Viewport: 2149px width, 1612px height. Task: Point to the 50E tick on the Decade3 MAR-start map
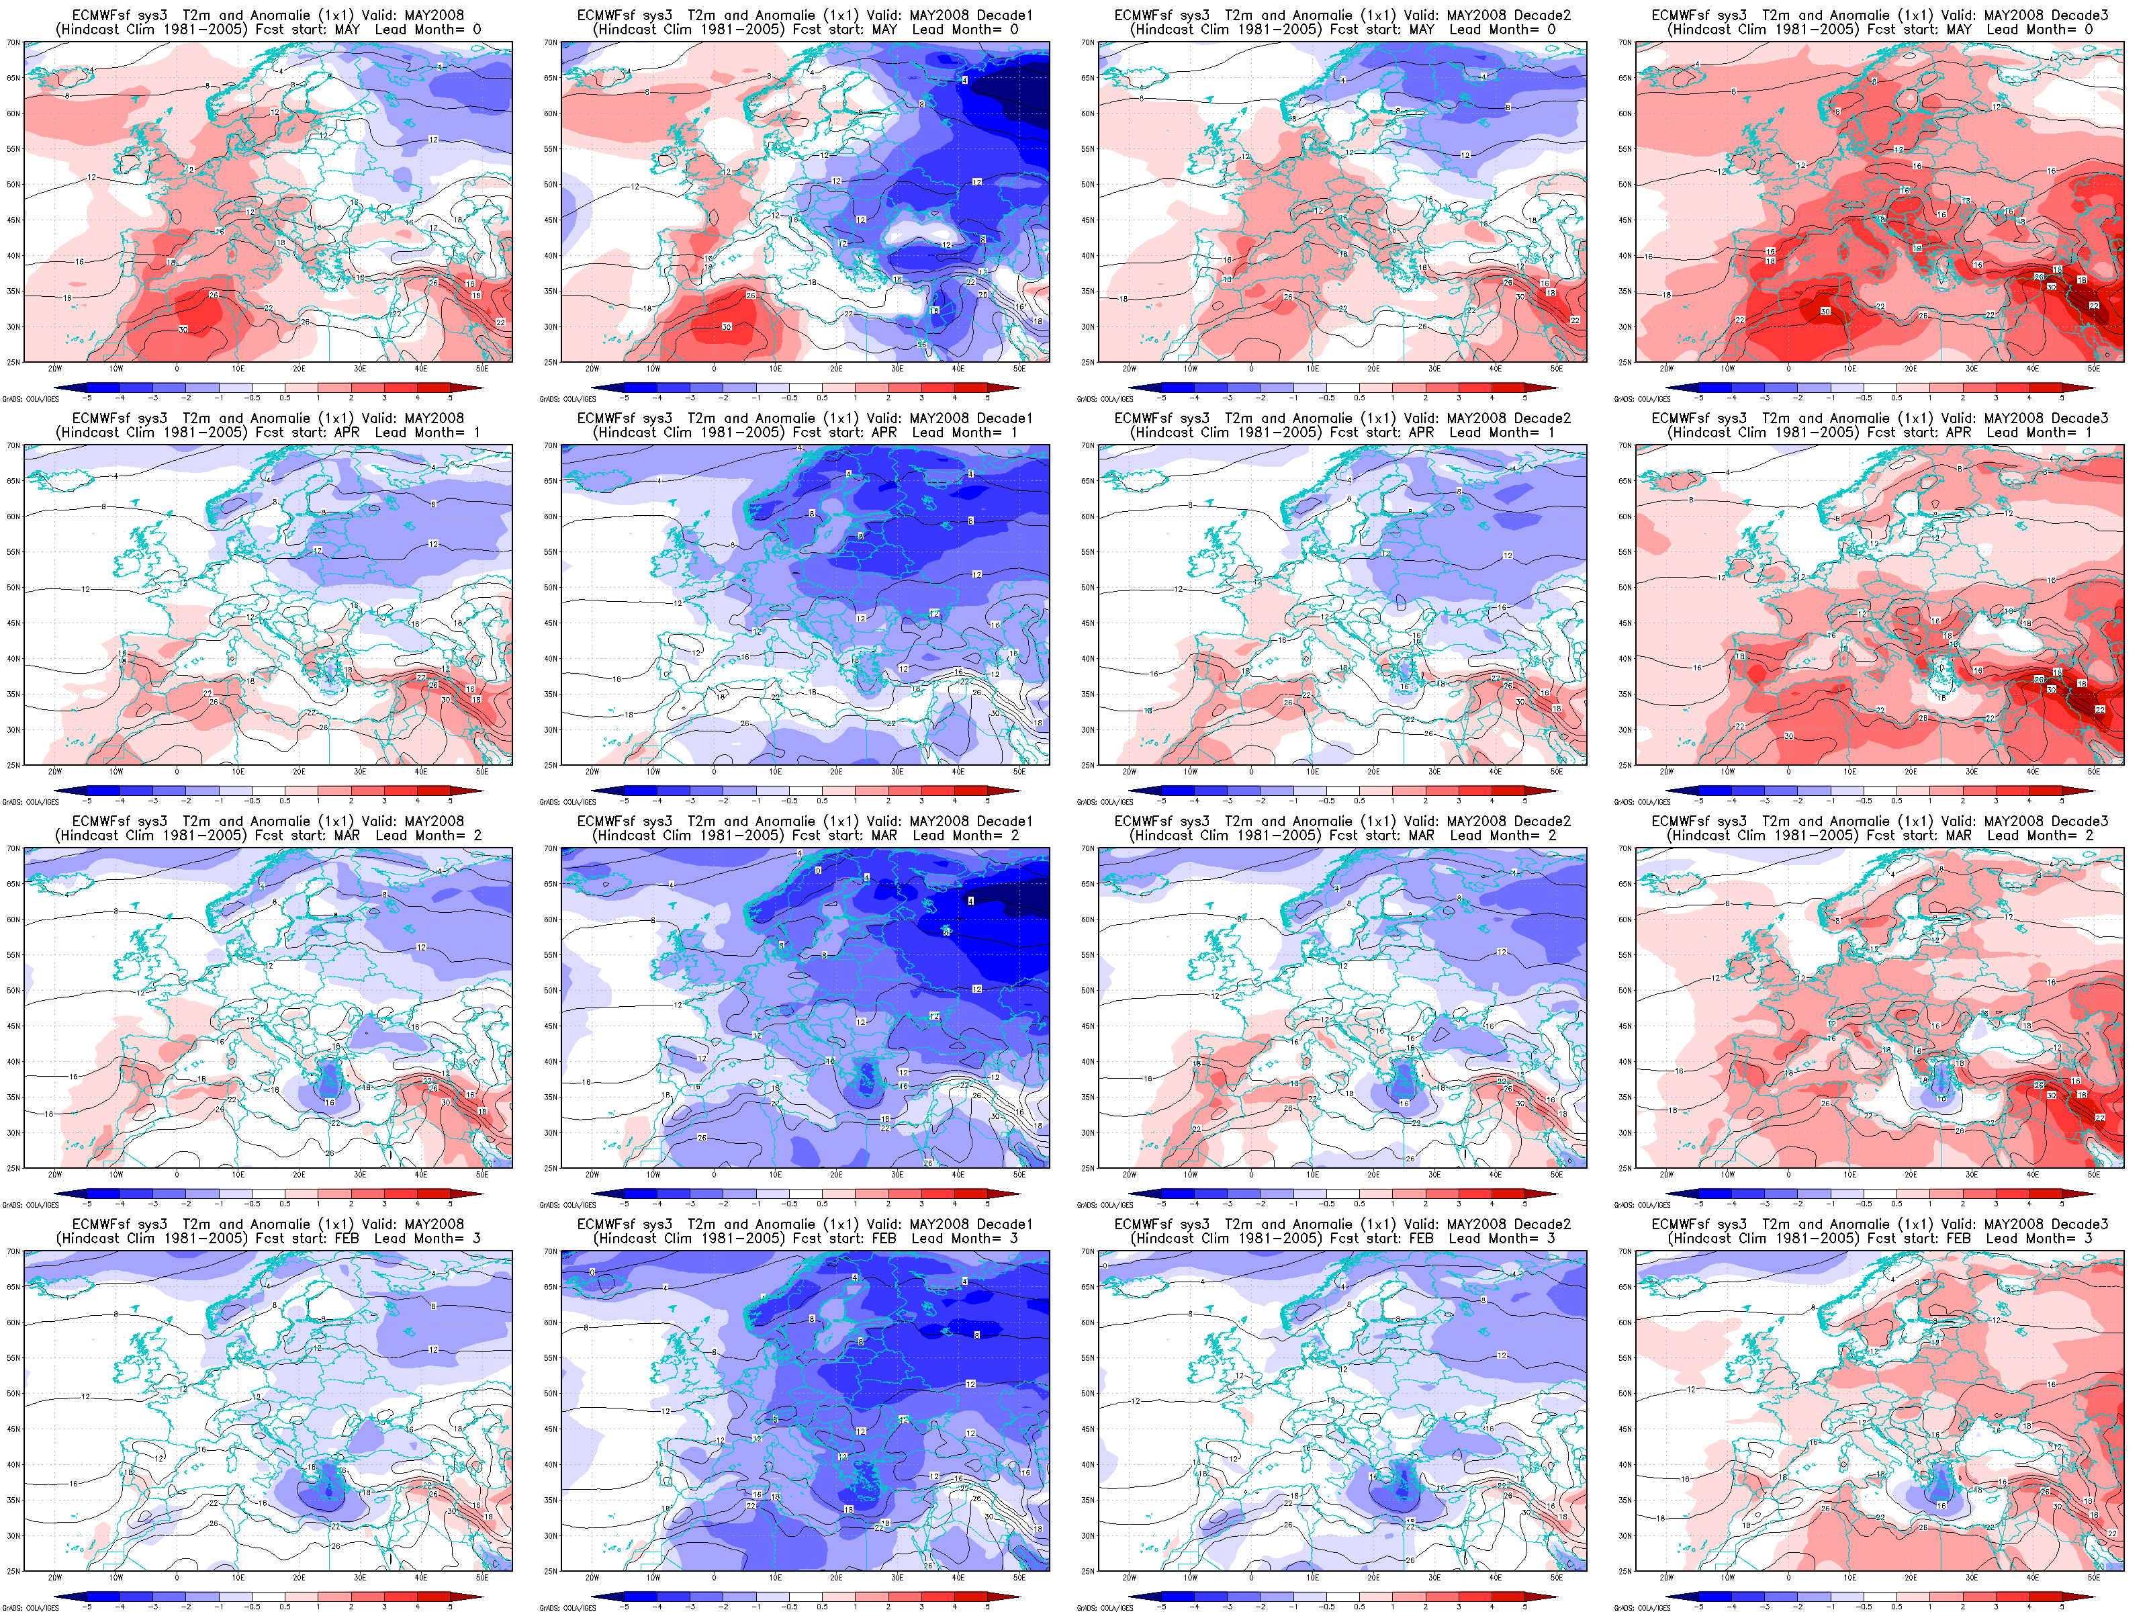[2094, 1175]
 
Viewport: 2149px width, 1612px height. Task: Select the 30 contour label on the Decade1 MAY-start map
[727, 326]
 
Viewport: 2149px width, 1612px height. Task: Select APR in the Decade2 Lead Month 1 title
[1421, 433]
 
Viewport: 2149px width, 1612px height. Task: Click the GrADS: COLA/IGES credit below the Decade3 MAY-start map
[1642, 398]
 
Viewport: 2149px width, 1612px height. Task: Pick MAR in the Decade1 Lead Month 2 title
[884, 836]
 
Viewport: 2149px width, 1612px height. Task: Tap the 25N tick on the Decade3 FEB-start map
[1625, 1571]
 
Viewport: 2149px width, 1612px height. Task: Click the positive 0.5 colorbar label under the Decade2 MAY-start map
[1360, 398]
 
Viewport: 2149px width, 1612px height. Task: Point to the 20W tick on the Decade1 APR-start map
[592, 772]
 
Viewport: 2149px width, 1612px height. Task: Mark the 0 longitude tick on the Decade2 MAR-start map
[1251, 1175]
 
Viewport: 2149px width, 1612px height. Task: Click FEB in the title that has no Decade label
[347, 1239]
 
